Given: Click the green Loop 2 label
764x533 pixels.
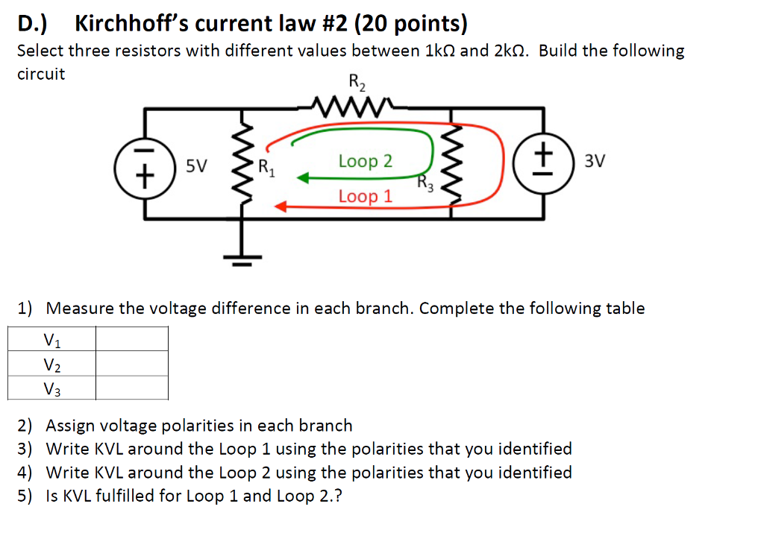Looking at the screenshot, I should [365, 161].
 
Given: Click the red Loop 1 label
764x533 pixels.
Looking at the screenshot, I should [365, 197].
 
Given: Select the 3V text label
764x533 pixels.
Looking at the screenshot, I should [595, 160].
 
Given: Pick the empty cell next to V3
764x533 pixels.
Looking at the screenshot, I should [131, 388].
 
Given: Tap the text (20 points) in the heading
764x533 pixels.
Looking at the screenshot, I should [411, 24].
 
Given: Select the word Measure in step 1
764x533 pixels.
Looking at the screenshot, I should [81, 308].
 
